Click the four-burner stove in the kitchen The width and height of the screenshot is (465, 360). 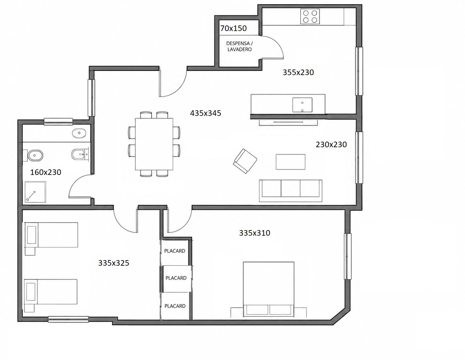pyautogui.click(x=310, y=16)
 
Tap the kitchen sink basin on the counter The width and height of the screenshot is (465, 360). pyautogui.click(x=302, y=105)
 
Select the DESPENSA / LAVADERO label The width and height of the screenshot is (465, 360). pyautogui.click(x=239, y=46)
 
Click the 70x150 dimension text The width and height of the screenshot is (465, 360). pyautogui.click(x=233, y=28)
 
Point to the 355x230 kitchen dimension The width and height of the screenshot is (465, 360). pyautogui.click(x=298, y=72)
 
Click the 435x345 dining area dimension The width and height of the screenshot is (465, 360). pyautogui.click(x=205, y=113)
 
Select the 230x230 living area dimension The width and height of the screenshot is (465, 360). pyautogui.click(x=331, y=145)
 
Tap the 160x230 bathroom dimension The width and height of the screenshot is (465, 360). pyautogui.click(x=46, y=172)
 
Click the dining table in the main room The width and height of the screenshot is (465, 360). pyautogui.click(x=154, y=144)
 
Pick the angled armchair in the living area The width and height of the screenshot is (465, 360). pyautogui.click(x=245, y=161)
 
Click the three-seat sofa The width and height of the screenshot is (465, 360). pyautogui.click(x=291, y=191)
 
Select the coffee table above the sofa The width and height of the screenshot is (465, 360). pyautogui.click(x=291, y=162)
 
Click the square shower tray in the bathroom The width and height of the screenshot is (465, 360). pyautogui.click(x=36, y=192)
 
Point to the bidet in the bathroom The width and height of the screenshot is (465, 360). pyautogui.click(x=80, y=154)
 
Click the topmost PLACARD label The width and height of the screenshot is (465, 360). pyautogui.click(x=174, y=251)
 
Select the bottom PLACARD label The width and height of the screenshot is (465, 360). pyautogui.click(x=175, y=306)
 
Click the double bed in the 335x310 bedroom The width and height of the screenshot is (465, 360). pyautogui.click(x=269, y=289)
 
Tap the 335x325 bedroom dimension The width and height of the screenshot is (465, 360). pyautogui.click(x=113, y=263)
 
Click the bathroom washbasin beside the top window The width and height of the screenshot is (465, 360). pyautogui.click(x=79, y=133)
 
